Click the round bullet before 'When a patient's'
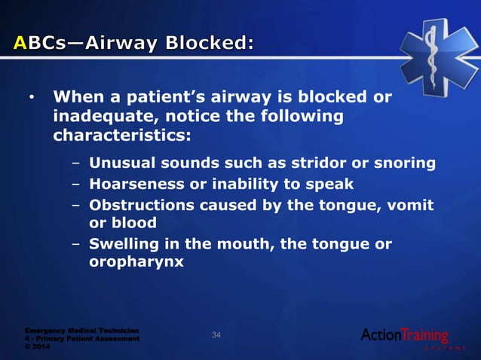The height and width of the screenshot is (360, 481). (31, 99)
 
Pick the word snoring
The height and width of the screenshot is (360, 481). (406, 163)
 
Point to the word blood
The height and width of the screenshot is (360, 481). (133, 224)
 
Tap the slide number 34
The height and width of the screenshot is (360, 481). (216, 334)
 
